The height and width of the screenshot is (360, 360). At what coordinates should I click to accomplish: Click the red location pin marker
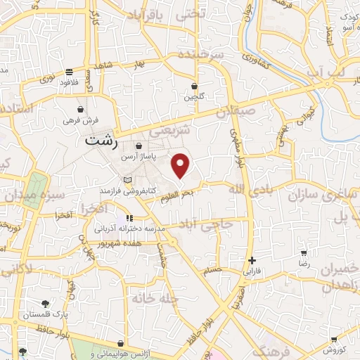click(x=181, y=165)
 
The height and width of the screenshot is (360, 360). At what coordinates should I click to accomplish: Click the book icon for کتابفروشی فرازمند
click(x=127, y=181)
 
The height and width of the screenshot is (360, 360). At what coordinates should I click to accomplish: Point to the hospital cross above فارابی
click(x=252, y=260)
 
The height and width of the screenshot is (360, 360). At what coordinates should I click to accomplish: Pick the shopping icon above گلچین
click(x=195, y=86)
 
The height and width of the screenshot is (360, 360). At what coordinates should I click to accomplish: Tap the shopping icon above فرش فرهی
click(x=82, y=110)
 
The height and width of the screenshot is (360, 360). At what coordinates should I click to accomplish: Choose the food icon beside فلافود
click(x=69, y=72)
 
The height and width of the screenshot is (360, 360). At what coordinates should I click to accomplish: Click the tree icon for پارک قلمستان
click(x=46, y=304)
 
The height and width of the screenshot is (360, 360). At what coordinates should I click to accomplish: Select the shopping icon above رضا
click(x=304, y=253)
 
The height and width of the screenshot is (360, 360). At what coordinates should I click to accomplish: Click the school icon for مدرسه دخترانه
click(x=98, y=228)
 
